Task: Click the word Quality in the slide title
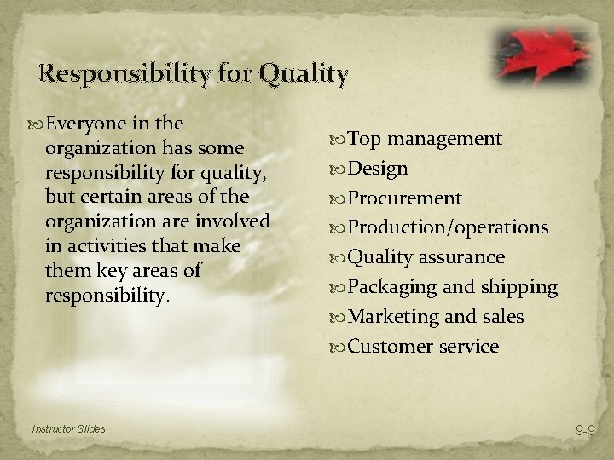pos(304,75)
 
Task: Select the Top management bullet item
pos(425,139)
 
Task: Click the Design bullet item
pos(378,169)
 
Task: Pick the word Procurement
pos(405,198)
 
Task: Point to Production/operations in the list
pos(448,227)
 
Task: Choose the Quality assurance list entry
pos(426,257)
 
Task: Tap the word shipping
pos(520,287)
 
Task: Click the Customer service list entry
pos(423,346)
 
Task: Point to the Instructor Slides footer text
pos(70,428)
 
